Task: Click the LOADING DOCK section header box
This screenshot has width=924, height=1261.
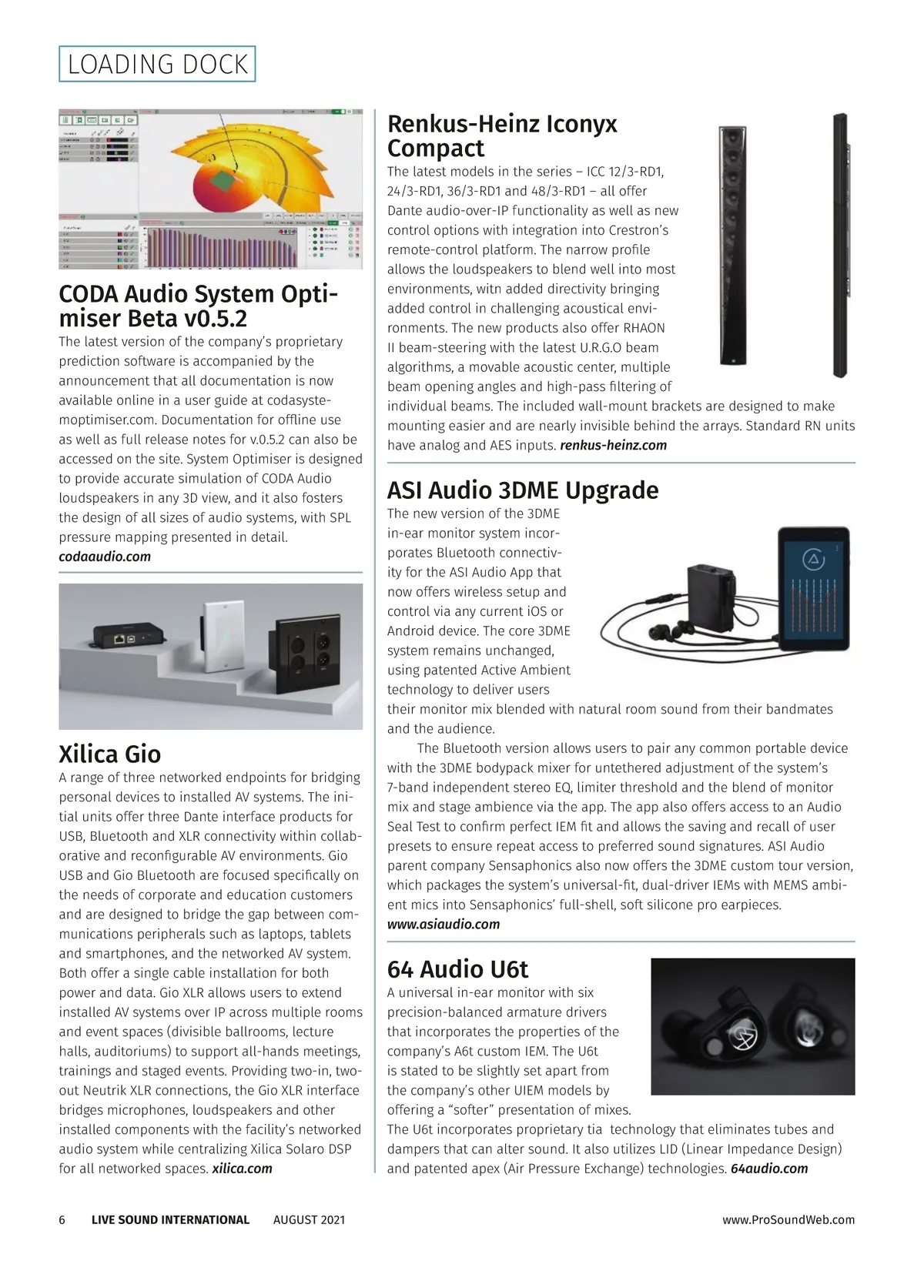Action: pos(157,64)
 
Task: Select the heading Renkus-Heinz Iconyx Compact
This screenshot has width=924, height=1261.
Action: pos(501,135)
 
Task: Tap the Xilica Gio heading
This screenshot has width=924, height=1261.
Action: pos(110,754)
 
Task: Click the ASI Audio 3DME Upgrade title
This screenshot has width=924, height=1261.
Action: pos(523,490)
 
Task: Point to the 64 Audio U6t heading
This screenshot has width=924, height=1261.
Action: pos(457,968)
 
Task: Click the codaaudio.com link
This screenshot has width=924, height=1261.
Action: pos(105,557)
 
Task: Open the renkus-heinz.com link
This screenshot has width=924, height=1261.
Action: pos(613,445)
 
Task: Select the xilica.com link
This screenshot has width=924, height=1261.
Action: pos(242,1169)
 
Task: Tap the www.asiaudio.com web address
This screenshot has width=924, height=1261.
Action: pos(443,924)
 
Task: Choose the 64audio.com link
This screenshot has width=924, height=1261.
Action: pos(768,1169)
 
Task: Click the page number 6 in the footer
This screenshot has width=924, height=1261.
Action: pos(62,1219)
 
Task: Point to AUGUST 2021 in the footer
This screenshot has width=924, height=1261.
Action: pos(309,1219)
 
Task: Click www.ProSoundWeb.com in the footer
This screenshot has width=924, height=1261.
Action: pos(788,1219)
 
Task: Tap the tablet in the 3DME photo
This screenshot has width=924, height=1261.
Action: pos(812,589)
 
